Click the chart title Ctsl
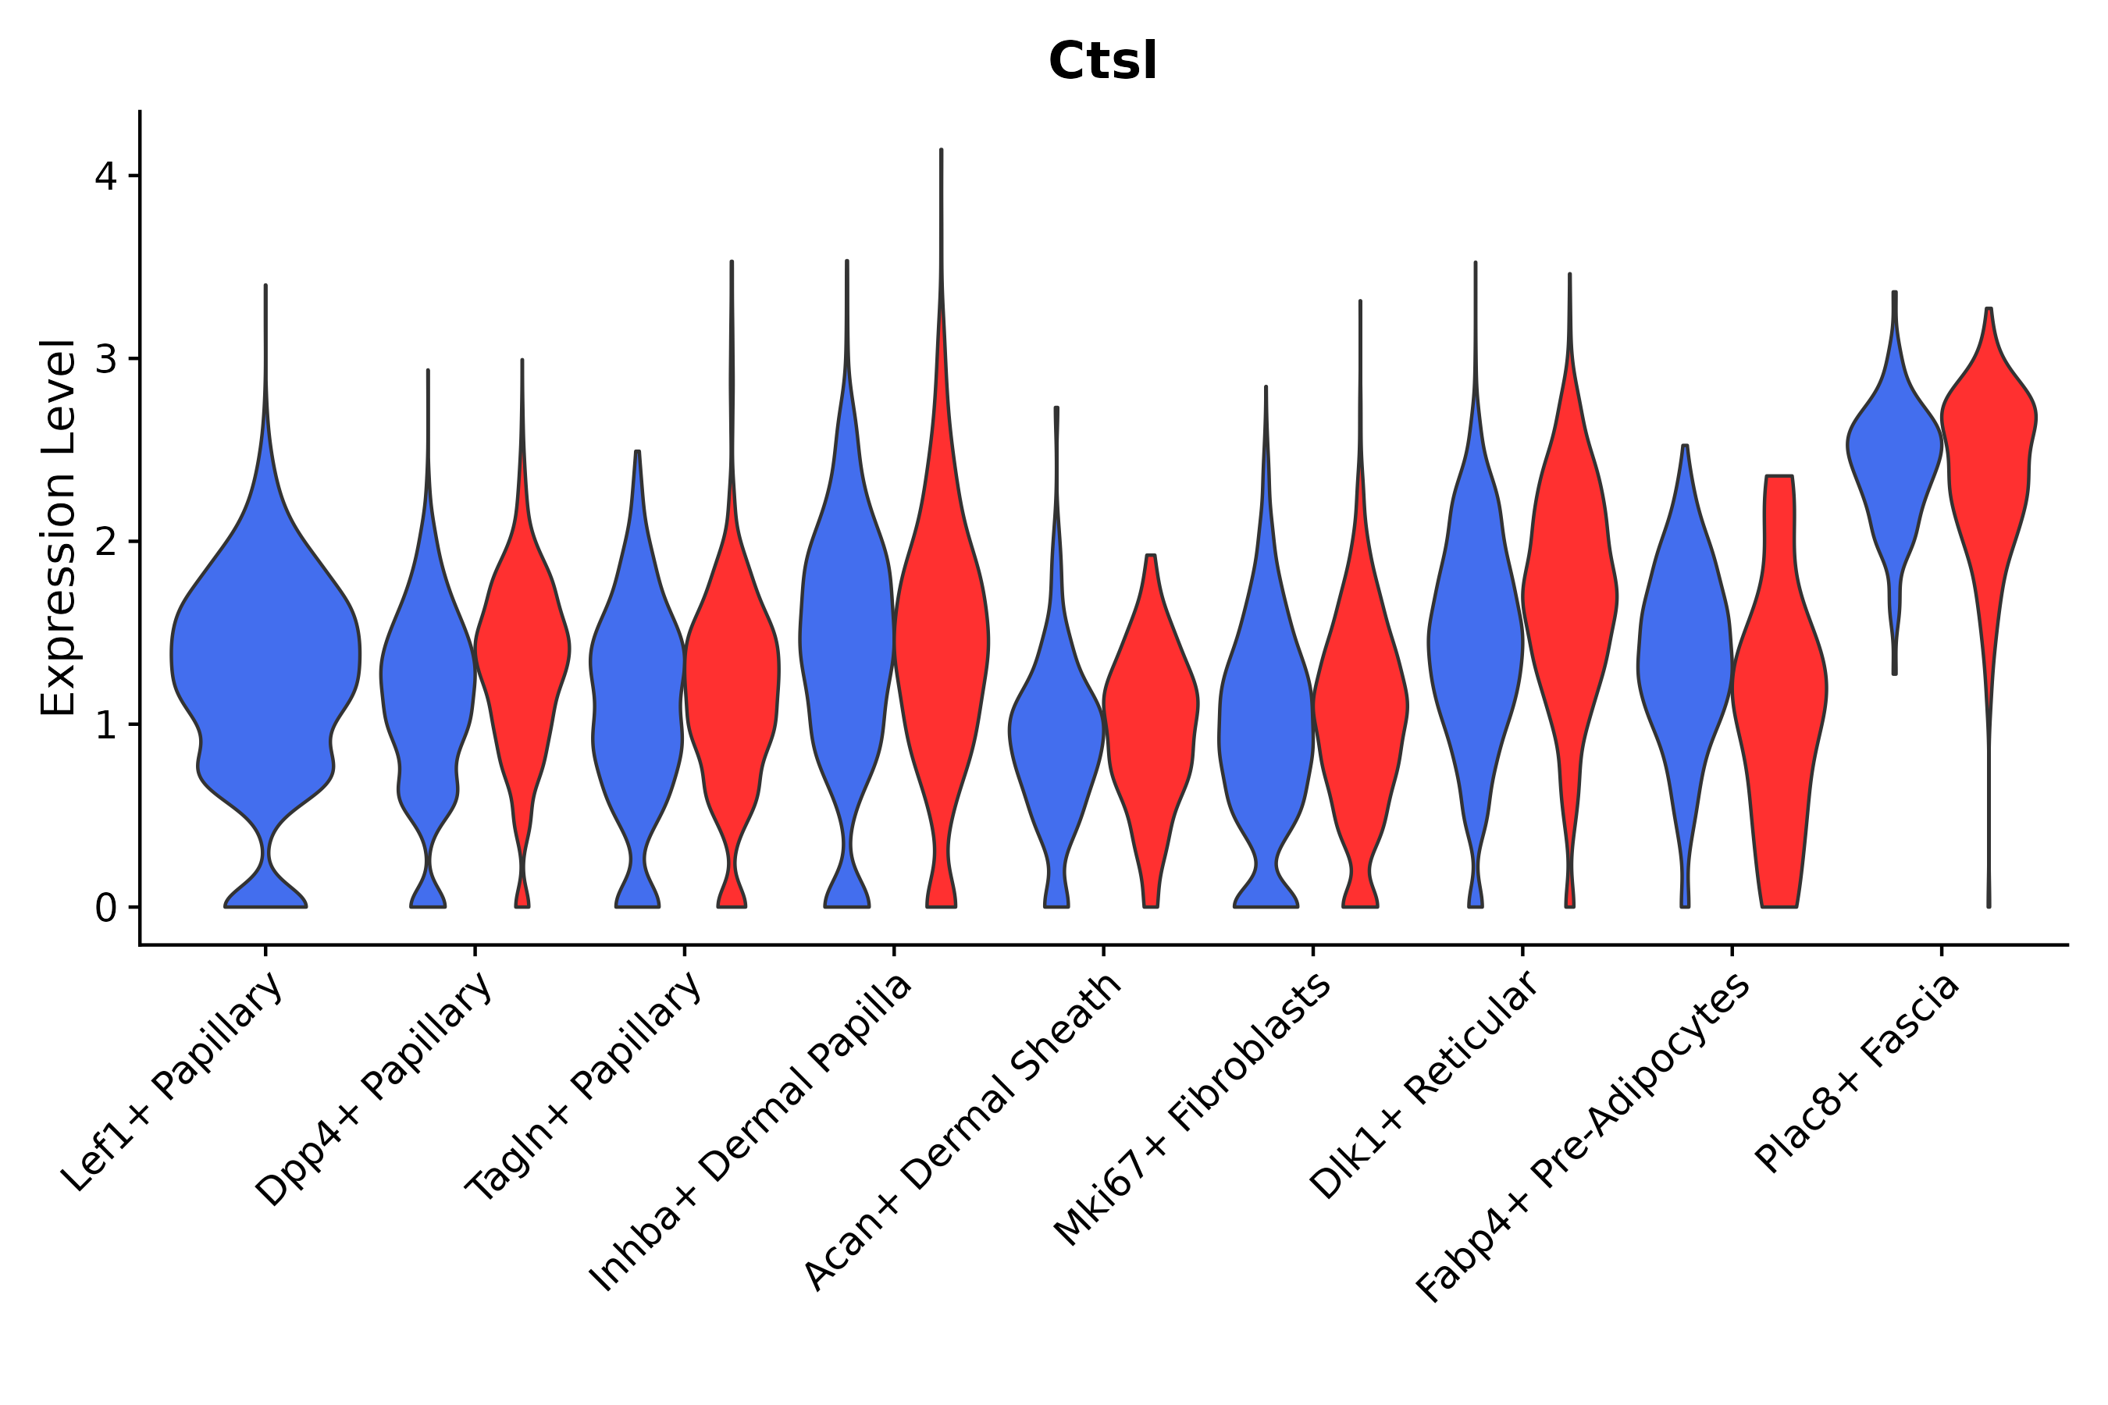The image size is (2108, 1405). coord(1102,62)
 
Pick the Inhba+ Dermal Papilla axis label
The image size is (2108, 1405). coord(751,1133)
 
